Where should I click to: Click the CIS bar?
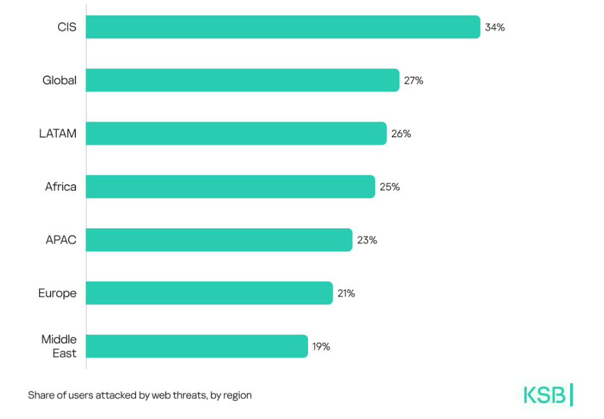[x=283, y=27]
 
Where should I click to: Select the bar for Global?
[x=242, y=80]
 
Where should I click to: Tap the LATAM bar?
[x=236, y=133]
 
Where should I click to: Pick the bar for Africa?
[x=230, y=186]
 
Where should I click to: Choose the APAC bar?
[x=219, y=239]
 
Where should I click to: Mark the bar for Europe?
[x=209, y=292]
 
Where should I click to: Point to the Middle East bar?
[x=196, y=346]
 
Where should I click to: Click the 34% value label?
[x=495, y=28]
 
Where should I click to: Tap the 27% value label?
[x=414, y=81]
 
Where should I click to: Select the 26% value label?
[x=401, y=134]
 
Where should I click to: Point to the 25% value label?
[x=389, y=187]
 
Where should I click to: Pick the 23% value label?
[x=367, y=240]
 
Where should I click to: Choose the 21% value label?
[x=347, y=293]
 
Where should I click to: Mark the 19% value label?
[x=321, y=347]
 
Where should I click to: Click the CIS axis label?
[x=66, y=28]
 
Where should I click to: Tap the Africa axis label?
[x=61, y=187]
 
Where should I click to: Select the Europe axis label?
[x=58, y=293]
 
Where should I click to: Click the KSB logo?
[x=548, y=395]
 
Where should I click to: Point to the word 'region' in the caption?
[x=237, y=395]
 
